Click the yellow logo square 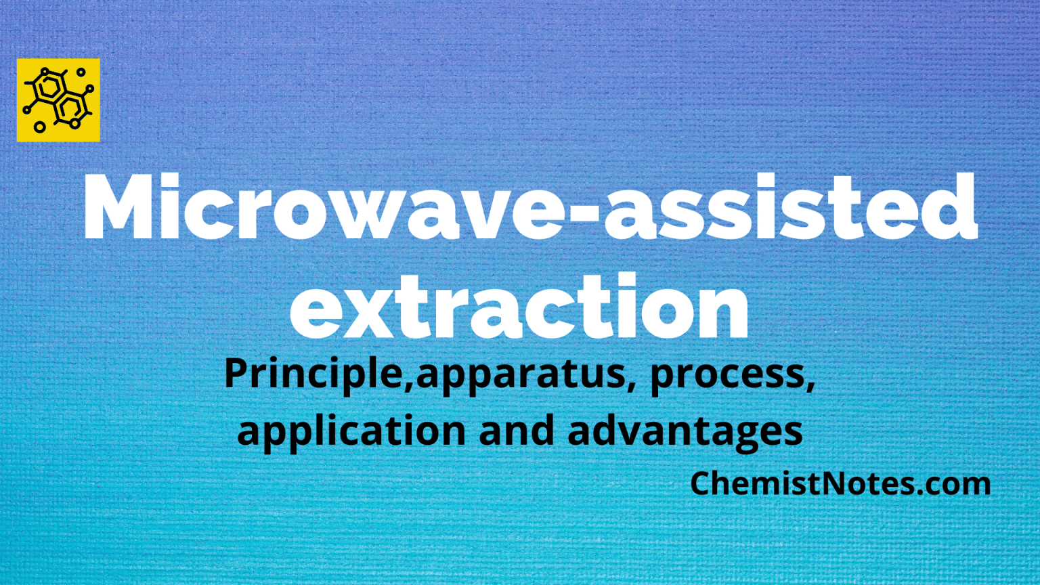[x=58, y=100]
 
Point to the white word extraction [x=520, y=308]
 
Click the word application [x=351, y=431]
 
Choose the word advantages [x=685, y=431]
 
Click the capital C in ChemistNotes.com [x=701, y=483]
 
